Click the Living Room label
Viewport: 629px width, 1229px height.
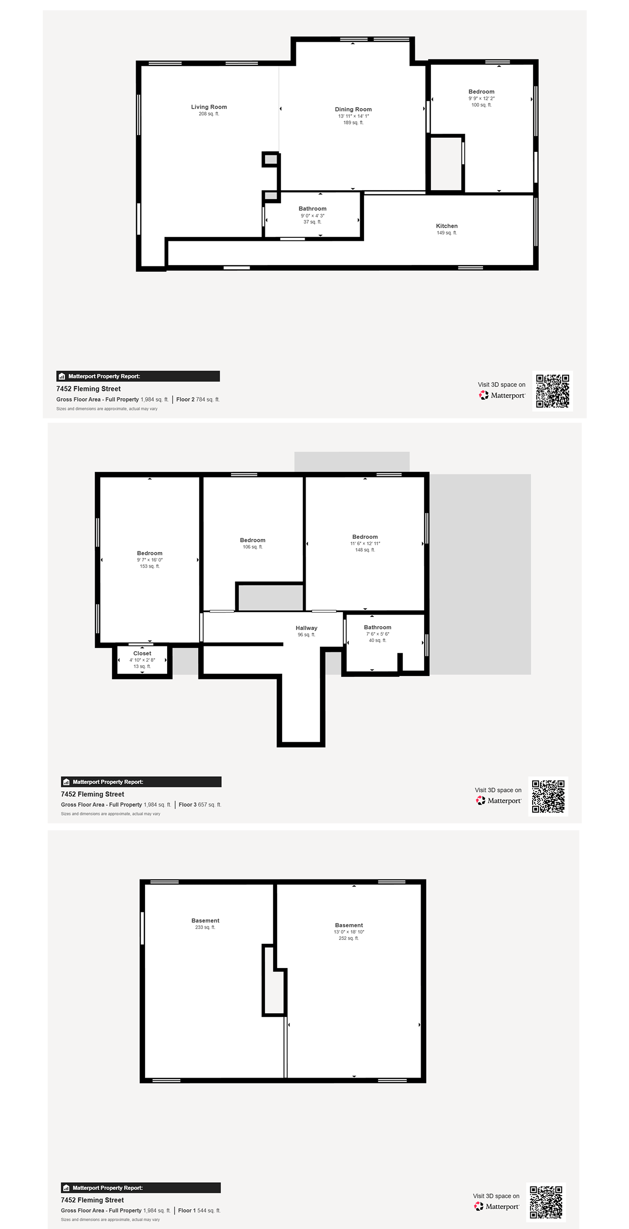click(x=209, y=107)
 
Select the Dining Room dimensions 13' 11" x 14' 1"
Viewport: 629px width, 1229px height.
click(x=353, y=116)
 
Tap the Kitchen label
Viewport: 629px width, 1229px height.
click(x=447, y=226)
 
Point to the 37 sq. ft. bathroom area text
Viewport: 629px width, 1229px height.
click(x=313, y=222)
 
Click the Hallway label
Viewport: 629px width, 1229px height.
click(x=306, y=628)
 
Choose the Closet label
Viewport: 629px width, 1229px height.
click(x=142, y=653)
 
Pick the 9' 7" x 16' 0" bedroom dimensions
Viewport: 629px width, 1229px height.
click(x=150, y=560)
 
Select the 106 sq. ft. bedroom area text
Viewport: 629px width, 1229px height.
click(x=253, y=547)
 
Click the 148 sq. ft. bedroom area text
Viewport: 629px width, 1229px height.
click(x=365, y=550)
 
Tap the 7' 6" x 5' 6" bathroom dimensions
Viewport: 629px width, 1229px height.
click(x=377, y=634)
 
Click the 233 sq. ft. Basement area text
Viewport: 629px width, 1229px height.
click(x=205, y=927)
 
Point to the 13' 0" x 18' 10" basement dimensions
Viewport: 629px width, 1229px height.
click(x=349, y=932)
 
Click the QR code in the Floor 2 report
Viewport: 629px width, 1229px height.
click(x=552, y=391)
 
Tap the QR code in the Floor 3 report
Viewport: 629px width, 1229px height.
click(x=548, y=796)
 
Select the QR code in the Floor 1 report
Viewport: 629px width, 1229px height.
click(x=546, y=1202)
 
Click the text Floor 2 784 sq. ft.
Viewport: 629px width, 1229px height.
click(x=198, y=400)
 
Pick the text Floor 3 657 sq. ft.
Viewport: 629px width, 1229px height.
click(x=200, y=805)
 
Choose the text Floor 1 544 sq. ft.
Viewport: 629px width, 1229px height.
click(x=199, y=1210)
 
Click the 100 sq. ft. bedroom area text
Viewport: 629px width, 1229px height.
click(x=482, y=105)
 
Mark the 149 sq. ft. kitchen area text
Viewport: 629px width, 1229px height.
click(x=447, y=233)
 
